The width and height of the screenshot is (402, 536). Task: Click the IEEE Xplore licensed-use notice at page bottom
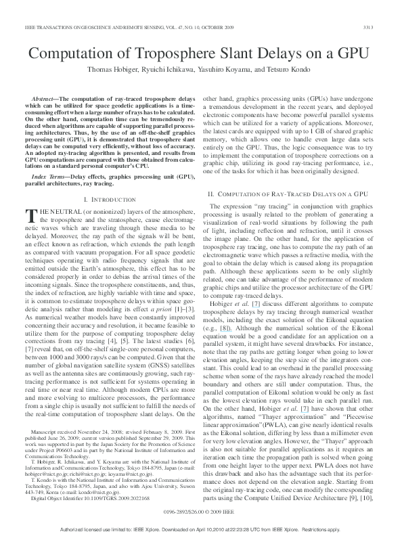[201, 529]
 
